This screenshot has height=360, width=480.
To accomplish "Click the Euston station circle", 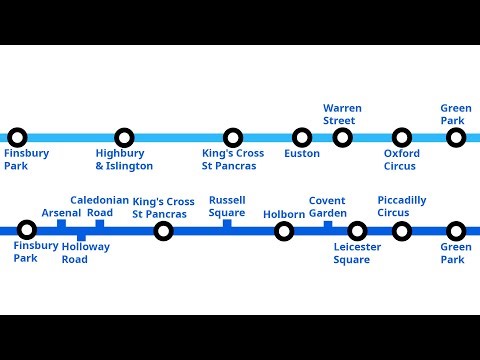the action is coord(302,138).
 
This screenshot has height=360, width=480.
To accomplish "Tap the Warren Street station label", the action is coord(342,114).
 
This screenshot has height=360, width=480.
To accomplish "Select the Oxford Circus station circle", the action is coord(401,138).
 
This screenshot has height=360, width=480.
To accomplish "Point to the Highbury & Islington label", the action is coord(124,160).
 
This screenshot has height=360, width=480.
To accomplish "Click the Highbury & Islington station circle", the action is coord(124,138).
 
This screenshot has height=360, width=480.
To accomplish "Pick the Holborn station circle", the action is coord(284,232).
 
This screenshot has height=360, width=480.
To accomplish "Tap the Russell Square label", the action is coord(227,206).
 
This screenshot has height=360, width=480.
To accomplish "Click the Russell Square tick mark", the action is coord(227,224).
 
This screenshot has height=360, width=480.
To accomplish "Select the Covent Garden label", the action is coord(327,206).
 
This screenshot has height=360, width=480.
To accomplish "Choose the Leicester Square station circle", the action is coord(357,232).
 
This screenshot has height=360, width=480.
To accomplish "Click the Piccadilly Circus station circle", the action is coord(401,232).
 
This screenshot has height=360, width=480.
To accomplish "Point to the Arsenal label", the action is coord(61,213).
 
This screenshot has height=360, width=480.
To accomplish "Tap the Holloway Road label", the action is coord(85,253).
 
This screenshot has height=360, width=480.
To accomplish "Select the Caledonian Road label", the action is coord(99,206).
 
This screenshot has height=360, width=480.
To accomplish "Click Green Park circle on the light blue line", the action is coord(456,138).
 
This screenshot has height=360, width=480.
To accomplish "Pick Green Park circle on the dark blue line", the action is coord(456,232).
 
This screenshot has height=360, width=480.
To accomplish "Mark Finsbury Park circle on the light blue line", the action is coord(16,138).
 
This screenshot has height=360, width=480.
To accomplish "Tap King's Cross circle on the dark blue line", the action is coord(163,232).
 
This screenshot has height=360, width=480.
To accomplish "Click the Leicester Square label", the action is coord(352,253).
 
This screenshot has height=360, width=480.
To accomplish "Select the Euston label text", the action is coord(302,154).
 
